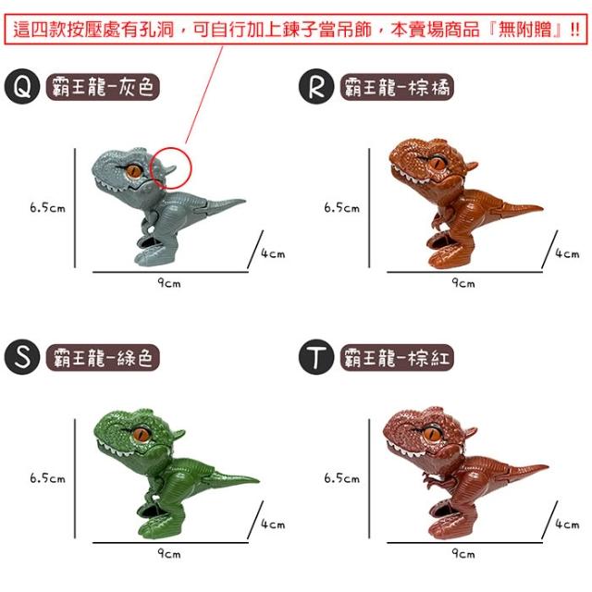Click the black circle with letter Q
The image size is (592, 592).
tap(22, 86)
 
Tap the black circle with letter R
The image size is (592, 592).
tap(316, 86)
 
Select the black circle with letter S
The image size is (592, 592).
tap(22, 357)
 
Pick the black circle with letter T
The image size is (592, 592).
tap(316, 357)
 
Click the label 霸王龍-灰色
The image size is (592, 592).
tap(103, 87)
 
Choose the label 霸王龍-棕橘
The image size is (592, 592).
tap(397, 87)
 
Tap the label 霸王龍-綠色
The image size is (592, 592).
tap(103, 357)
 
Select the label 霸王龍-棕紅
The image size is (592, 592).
tap(397, 357)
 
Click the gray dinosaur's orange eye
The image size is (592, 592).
tap(134, 172)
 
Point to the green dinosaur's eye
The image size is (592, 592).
tap(141, 434)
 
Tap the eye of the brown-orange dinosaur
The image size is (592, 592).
tap(438, 164)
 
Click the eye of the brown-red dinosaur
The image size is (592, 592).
tap(432, 433)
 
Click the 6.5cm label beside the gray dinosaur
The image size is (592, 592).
tap(47, 207)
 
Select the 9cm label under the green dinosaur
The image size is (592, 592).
tap(169, 553)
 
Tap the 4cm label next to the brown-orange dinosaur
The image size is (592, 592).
tap(567, 253)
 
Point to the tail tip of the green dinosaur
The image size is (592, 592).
tap(259, 481)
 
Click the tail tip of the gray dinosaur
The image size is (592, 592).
tap(244, 201)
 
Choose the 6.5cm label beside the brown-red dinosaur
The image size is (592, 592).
tap(342, 478)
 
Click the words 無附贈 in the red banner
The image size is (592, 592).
tap(525, 30)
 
